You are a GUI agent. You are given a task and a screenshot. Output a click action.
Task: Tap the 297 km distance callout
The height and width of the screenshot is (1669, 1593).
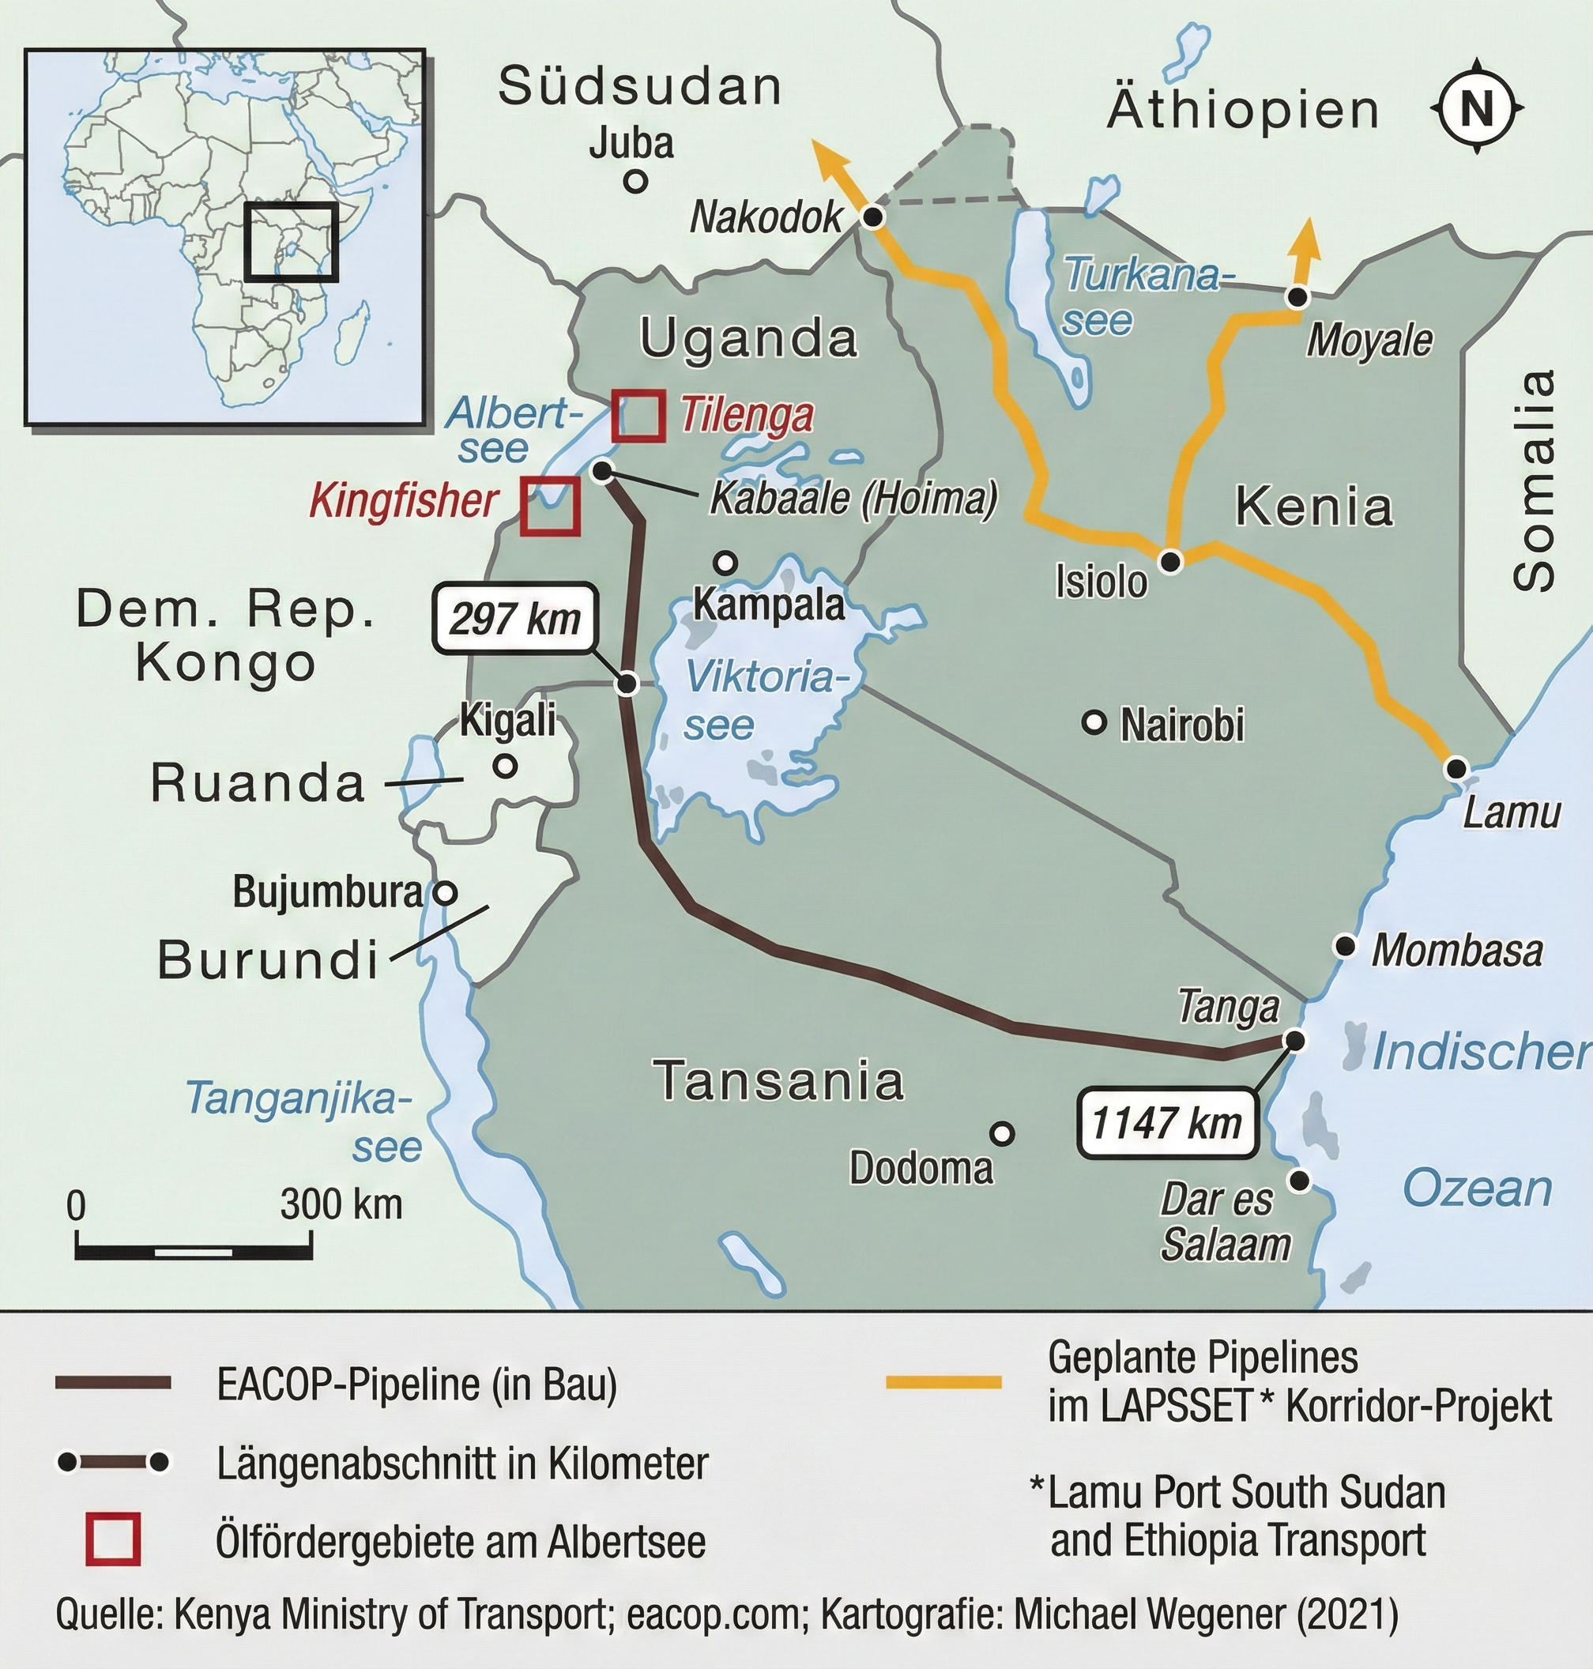tap(514, 618)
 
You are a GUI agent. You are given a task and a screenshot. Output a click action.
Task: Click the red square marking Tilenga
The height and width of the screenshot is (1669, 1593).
tap(638, 416)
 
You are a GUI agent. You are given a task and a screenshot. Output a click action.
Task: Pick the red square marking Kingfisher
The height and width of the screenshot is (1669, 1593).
tap(549, 507)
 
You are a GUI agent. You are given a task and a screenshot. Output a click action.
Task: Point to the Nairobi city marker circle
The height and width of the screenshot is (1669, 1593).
tap(1094, 723)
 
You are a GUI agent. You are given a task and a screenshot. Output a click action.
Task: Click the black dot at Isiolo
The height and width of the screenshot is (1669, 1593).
tap(1171, 560)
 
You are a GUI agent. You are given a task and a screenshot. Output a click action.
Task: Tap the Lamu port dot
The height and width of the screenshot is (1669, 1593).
tap(1456, 769)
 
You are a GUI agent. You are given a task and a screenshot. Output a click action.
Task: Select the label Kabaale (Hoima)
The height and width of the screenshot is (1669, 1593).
tap(853, 499)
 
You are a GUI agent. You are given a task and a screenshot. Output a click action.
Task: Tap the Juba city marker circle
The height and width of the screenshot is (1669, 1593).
tap(635, 181)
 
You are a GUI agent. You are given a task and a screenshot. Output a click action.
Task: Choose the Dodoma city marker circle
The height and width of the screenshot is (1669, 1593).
tap(1003, 1133)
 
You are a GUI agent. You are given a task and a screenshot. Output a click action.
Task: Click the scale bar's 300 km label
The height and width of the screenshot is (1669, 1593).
tap(341, 1204)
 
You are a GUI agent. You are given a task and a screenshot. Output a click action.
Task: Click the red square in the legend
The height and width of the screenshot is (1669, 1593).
tap(112, 1541)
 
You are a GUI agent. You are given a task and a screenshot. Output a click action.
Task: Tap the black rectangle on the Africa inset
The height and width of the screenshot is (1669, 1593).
tap(292, 242)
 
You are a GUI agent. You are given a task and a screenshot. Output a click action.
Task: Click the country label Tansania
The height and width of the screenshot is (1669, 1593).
tap(778, 1080)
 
